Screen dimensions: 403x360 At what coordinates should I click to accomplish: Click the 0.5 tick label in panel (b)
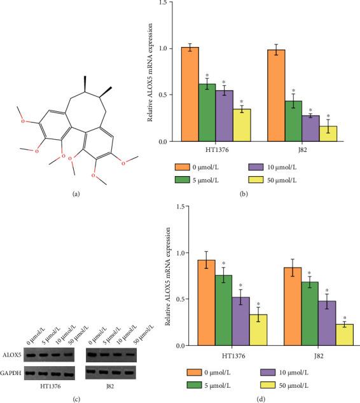[x=163, y=95]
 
